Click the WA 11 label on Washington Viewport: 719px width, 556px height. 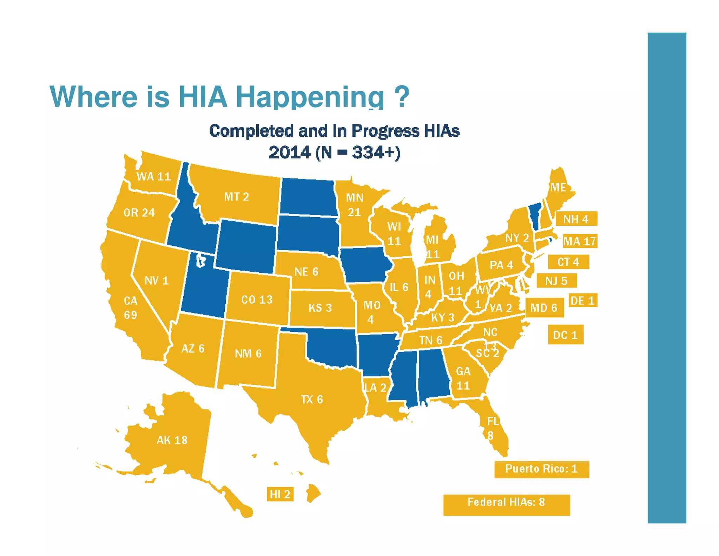(153, 176)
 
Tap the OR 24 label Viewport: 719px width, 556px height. (139, 213)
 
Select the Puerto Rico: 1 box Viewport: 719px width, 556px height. (541, 469)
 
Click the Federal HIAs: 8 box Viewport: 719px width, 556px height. (506, 503)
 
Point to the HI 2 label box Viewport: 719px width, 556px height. (280, 494)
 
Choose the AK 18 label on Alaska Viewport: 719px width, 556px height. (172, 440)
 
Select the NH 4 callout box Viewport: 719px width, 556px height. (576, 219)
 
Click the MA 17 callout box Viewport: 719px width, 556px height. (580, 241)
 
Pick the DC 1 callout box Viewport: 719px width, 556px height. (565, 335)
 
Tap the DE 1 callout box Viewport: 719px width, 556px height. (582, 301)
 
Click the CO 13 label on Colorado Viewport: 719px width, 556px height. (257, 299)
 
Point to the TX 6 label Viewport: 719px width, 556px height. (312, 399)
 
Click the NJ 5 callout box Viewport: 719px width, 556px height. (556, 281)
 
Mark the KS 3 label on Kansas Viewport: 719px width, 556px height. (320, 308)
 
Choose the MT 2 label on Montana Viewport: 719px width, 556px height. (237, 196)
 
